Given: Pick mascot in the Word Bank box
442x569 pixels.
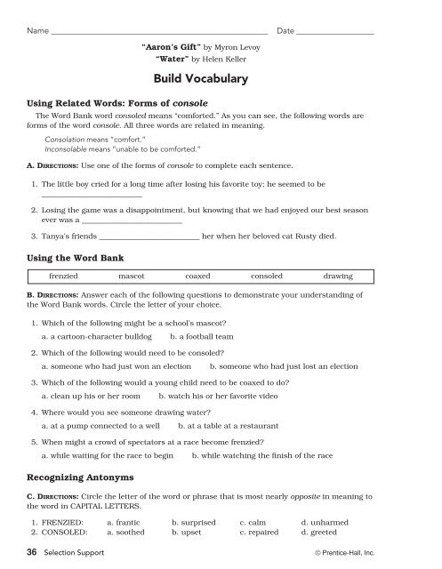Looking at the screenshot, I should click(x=133, y=276).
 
